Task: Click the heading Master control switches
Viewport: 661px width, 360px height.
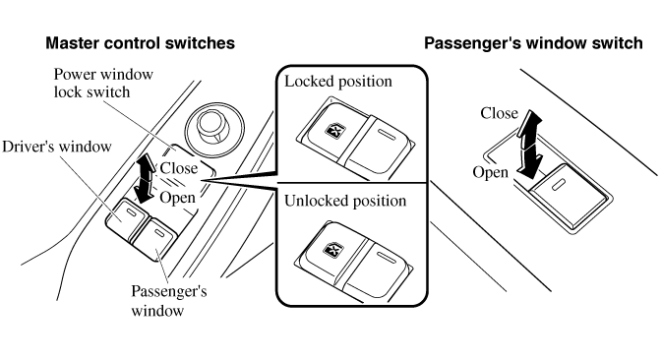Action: (140, 43)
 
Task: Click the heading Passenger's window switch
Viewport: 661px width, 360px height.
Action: (533, 43)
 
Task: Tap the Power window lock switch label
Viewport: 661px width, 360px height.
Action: (103, 83)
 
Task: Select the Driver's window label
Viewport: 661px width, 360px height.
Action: (57, 147)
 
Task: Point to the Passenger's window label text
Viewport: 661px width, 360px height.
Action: (168, 301)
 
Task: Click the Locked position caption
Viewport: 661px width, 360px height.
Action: (338, 81)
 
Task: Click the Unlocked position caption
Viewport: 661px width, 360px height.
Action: (345, 201)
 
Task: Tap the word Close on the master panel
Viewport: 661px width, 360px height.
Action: (179, 168)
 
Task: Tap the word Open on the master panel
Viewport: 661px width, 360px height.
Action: (177, 198)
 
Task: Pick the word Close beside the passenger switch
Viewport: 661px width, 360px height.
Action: (499, 113)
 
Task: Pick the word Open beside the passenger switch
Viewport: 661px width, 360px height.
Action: (490, 172)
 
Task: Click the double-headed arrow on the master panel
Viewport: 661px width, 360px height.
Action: (145, 177)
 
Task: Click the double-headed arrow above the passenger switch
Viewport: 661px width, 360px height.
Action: (529, 144)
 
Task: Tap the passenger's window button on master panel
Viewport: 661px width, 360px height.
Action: (153, 236)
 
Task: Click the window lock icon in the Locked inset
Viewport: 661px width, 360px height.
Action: (333, 130)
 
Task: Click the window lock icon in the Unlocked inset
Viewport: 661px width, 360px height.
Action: (332, 250)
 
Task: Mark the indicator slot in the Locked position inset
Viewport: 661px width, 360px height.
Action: (387, 135)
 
